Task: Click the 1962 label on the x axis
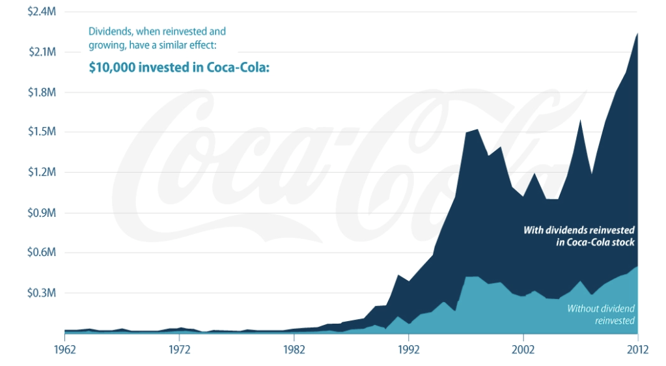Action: tap(65, 350)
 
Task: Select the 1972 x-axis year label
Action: tap(179, 350)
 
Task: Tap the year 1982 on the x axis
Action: tap(294, 350)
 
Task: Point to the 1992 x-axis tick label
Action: tap(408, 350)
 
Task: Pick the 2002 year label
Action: tap(523, 350)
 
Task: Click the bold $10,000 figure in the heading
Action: tap(112, 68)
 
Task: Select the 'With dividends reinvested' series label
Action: tap(579, 230)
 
